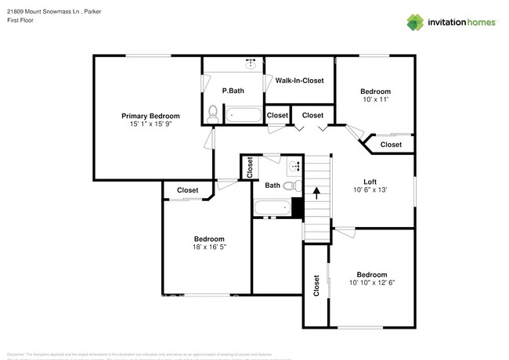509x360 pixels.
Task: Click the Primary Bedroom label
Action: coord(150,116)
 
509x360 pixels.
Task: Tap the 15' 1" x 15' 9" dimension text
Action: coord(150,124)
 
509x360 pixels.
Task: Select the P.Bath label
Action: coord(233,91)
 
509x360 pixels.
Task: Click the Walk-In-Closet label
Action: coord(299,81)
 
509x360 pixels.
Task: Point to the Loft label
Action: coord(370,182)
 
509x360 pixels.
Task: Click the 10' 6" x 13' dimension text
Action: coord(370,189)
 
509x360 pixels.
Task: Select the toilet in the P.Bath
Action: coord(212,113)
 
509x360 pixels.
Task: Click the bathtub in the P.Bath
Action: coord(245,116)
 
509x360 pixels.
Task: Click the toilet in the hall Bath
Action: coord(289,186)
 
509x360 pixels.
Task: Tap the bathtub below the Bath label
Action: coord(273,207)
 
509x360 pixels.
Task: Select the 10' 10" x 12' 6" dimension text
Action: coord(371,283)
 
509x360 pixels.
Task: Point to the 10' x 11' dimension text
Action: coord(375,99)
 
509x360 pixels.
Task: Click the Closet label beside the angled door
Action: coord(391,145)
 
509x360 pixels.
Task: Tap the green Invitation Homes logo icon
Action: coord(415,22)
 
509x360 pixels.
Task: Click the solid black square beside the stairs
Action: coord(297,207)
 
